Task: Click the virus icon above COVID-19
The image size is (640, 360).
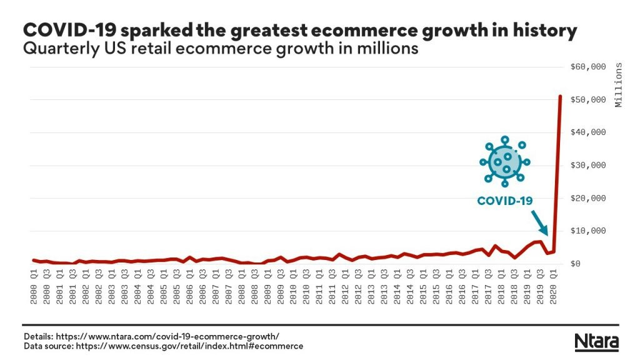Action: tap(506, 162)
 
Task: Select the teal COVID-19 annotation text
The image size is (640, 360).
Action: tap(505, 201)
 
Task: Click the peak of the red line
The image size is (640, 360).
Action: tap(560, 96)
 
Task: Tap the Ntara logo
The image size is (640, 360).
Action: tap(596, 342)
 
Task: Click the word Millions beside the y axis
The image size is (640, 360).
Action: tap(619, 85)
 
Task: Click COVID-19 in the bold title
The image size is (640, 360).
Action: tap(69, 31)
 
